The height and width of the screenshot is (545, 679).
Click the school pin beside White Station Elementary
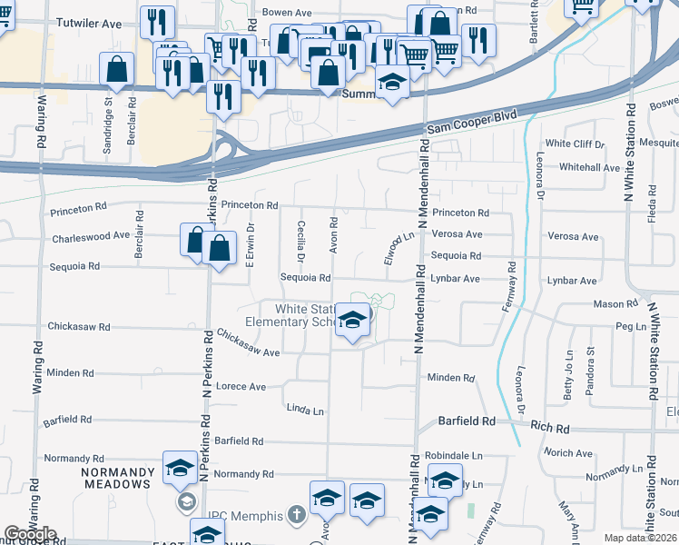pos(353,321)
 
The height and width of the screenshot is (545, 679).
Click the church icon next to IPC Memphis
pos(295,515)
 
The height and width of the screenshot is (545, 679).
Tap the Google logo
pos(29,534)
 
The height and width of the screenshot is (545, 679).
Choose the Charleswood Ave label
pos(91,236)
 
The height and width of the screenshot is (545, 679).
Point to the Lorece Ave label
pos(241,387)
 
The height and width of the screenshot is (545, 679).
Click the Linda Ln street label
pos(305,411)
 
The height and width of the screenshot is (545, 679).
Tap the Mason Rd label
pos(615,304)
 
